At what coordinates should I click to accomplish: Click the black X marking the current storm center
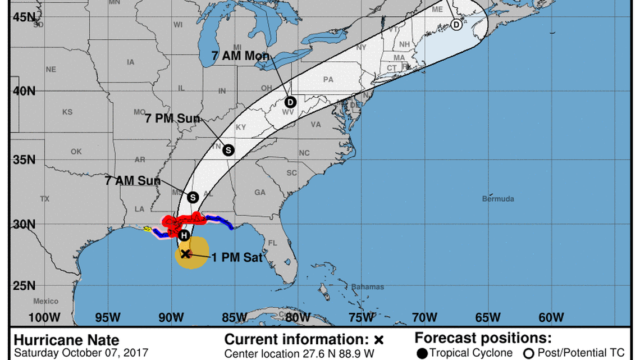click(186, 254)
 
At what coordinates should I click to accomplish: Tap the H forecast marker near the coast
click(184, 236)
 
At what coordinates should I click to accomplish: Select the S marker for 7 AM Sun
click(193, 197)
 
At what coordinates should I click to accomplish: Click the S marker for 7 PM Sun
click(228, 150)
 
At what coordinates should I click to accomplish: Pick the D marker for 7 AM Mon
click(290, 102)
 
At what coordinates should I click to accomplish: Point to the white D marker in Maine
click(456, 25)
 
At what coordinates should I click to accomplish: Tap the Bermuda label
click(498, 199)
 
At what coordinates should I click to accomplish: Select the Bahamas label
click(368, 287)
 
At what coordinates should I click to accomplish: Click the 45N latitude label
click(24, 17)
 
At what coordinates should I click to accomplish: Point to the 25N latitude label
click(24, 286)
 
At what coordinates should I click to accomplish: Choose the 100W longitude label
click(44, 317)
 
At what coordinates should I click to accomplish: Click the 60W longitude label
click(552, 317)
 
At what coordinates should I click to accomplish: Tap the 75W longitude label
click(362, 317)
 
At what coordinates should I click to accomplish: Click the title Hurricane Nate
click(66, 340)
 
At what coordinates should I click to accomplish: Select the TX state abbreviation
click(45, 199)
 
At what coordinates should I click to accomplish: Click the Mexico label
click(45, 302)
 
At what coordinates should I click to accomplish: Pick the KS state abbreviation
click(67, 112)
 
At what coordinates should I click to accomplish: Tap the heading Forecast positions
click(483, 339)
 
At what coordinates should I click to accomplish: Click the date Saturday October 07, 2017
click(81, 353)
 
